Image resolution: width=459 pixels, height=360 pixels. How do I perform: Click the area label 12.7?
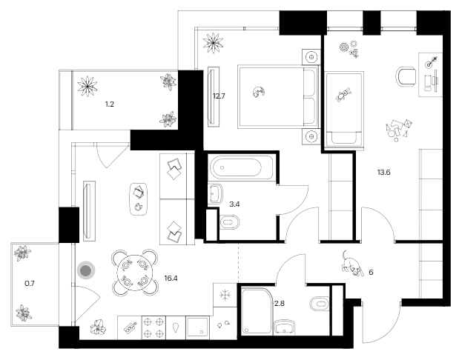tap(218, 95)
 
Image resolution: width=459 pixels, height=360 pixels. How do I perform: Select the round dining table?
tap(133, 271)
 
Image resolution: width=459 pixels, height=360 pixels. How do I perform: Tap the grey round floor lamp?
tap(87, 271)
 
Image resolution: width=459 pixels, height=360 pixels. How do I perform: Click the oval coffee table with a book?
tap(139, 199)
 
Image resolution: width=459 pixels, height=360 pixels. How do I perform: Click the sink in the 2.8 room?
tap(283, 328)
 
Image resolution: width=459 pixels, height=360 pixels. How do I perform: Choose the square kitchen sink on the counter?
tap(198, 327)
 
